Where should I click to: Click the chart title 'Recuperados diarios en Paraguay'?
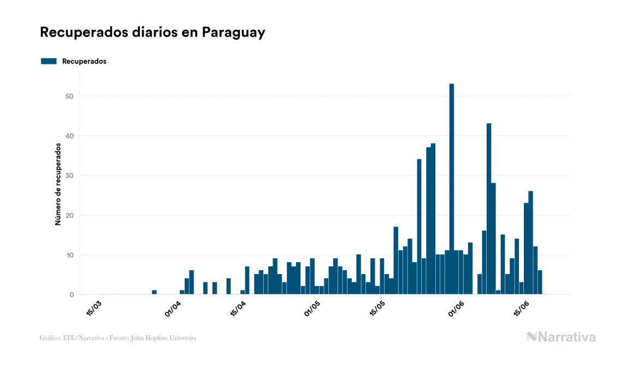coord(152,32)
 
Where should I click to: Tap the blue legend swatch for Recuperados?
coord(49,61)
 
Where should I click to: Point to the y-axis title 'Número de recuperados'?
coord(57,184)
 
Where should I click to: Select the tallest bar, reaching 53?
coord(452,188)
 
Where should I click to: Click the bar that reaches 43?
coord(489,209)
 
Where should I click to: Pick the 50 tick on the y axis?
coord(70,96)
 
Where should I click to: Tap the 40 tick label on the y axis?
coord(70,136)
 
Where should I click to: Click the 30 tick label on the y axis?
coord(70,176)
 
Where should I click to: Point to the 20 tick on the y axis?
coord(70,215)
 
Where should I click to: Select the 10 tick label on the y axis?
coord(70,255)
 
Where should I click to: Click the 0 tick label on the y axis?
coord(72,295)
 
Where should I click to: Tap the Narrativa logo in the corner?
coord(561,337)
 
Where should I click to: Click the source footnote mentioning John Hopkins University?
coord(118,338)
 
